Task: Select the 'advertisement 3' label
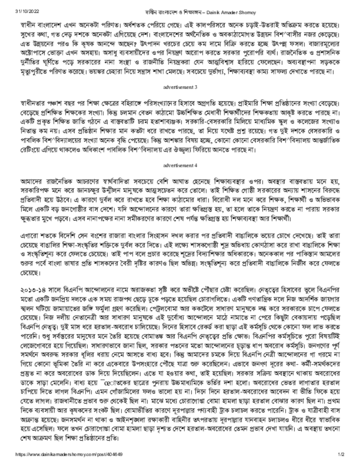[x=180, y=99]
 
